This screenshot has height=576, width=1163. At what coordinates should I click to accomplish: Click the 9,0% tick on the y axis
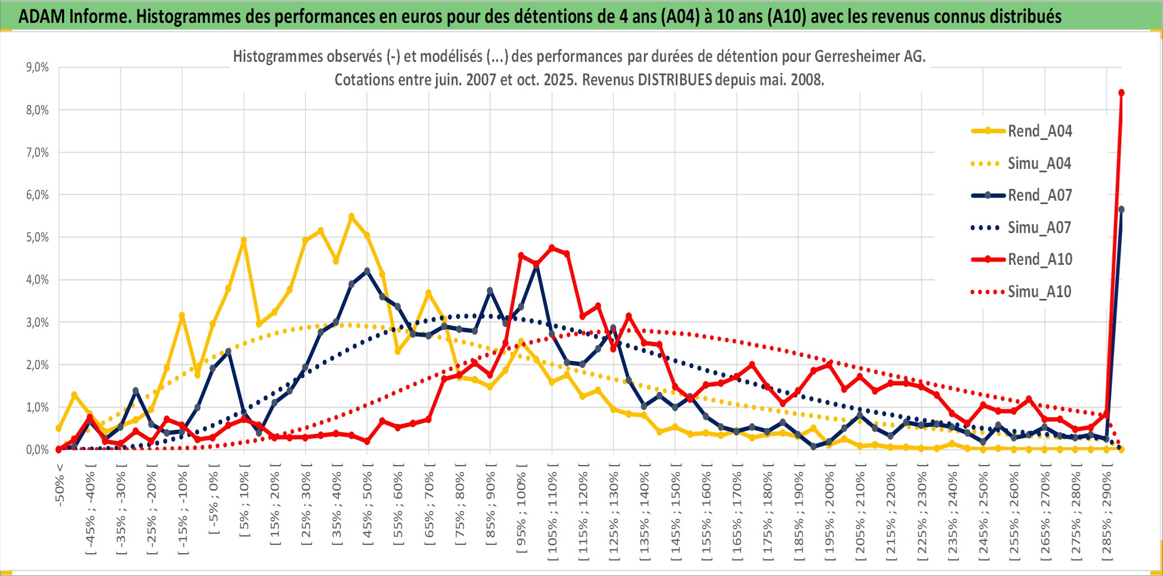(37, 67)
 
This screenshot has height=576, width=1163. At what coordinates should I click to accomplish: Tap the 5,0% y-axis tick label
(37, 238)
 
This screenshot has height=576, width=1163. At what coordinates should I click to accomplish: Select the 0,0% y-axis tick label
(37, 450)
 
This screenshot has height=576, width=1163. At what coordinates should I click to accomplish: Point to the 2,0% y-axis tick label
(37, 365)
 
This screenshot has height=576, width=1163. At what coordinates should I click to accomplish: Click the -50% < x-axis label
(60, 485)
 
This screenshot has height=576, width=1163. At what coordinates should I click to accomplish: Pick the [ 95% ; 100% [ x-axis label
(521, 513)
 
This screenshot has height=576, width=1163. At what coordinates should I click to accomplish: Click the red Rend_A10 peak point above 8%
(1121, 93)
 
